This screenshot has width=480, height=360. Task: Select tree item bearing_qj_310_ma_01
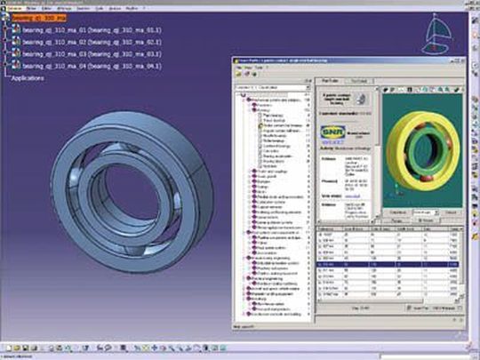pos(84,29)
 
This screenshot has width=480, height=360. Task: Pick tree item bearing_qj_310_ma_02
pos(84,42)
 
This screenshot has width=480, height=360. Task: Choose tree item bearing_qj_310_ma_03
pos(84,53)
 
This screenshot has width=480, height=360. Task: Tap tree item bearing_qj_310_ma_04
pos(84,66)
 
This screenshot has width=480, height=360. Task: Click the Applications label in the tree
pos(28,77)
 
